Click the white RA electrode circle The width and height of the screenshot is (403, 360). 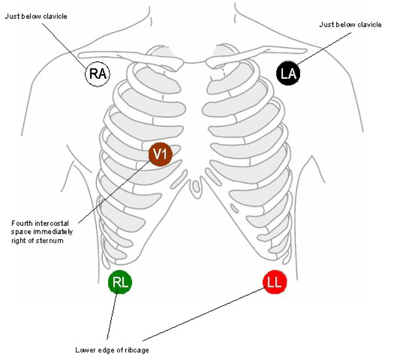tap(97, 74)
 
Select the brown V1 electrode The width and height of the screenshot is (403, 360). tap(160, 154)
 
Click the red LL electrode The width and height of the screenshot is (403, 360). tap(275, 282)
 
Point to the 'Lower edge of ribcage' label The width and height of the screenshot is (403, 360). tap(112, 350)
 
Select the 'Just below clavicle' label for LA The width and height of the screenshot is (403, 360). tap(350, 25)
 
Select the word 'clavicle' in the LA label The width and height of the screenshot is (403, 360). tap(370, 25)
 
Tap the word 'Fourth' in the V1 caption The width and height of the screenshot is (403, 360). tap(21, 223)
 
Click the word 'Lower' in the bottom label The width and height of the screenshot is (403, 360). tap(84, 350)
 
